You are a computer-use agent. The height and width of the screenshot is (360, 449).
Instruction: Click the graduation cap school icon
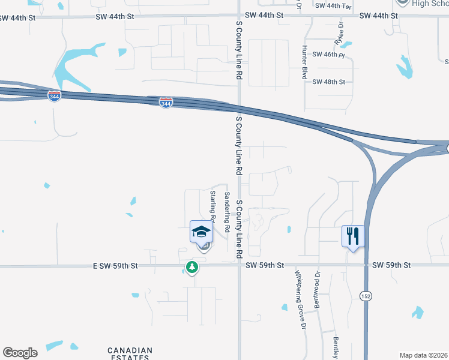202,231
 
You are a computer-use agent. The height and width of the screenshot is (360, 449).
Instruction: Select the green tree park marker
191,267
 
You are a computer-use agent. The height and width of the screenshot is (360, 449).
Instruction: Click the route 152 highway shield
365,296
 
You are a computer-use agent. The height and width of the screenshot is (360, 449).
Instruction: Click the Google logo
20,353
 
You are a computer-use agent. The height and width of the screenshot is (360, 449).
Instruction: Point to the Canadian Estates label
130,354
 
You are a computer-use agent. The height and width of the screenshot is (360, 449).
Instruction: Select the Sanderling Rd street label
227,212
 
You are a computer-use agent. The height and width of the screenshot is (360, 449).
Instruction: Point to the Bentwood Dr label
318,290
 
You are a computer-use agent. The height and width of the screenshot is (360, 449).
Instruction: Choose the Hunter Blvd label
305,62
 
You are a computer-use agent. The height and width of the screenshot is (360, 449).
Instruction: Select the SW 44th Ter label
333,5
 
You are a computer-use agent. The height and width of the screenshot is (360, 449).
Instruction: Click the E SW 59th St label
116,265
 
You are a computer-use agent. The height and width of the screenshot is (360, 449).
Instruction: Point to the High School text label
430,4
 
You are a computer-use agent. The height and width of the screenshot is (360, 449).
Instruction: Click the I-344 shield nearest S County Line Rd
166,103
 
